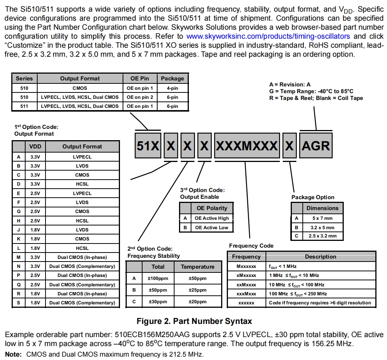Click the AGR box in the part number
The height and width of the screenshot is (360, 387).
tap(316, 146)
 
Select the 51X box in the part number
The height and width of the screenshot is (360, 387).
tap(148, 146)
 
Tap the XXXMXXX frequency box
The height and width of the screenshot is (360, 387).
tap(247, 146)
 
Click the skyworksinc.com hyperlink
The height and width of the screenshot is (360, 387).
tap(268, 36)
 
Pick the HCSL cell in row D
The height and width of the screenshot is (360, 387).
tap(82, 184)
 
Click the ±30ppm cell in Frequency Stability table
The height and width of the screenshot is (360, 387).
tap(158, 302)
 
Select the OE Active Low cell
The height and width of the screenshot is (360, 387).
tap(211, 227)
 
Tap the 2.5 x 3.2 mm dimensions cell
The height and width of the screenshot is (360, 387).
tap(322, 236)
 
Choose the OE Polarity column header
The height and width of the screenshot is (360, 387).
tap(212, 208)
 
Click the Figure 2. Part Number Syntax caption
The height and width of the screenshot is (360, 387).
tap(194, 321)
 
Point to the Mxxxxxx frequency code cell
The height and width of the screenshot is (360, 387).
tap(246, 266)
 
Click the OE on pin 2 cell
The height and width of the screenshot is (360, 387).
tap(140, 97)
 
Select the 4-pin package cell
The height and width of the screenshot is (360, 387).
tap(172, 88)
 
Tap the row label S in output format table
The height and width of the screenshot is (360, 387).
tap(18, 303)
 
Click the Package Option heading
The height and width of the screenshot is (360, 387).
tap(313, 197)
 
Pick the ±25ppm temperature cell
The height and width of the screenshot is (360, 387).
tap(197, 290)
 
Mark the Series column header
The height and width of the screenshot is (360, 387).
tap(24, 79)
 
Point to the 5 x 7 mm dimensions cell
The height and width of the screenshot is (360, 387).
tap(322, 218)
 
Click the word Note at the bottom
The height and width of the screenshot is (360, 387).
tap(13, 354)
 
